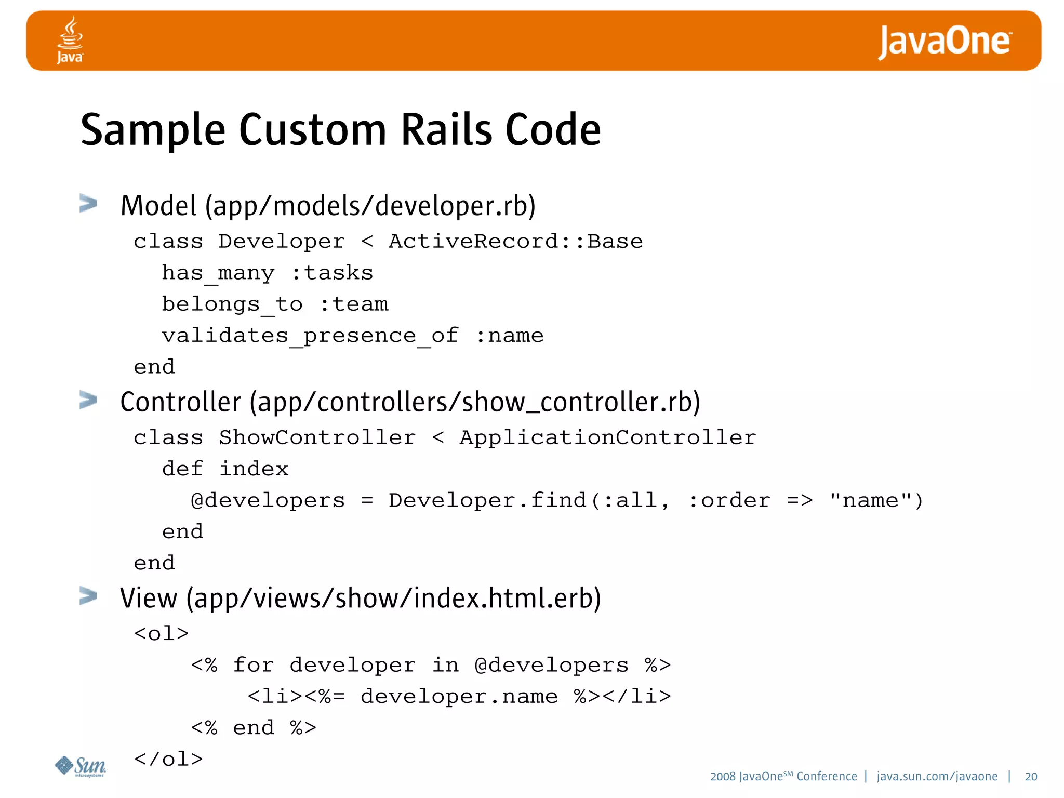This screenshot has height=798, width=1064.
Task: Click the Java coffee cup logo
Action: (70, 39)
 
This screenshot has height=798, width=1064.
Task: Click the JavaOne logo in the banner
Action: (944, 42)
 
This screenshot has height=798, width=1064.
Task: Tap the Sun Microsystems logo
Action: (81, 766)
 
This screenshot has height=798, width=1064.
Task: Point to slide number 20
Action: (1031, 777)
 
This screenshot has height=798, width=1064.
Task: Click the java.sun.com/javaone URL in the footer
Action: (937, 777)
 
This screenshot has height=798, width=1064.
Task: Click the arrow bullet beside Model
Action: (88, 204)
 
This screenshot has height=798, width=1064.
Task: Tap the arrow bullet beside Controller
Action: (88, 400)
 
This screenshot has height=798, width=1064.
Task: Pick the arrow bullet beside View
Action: (88, 596)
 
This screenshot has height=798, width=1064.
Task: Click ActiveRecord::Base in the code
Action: (515, 242)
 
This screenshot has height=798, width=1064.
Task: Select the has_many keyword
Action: (218, 273)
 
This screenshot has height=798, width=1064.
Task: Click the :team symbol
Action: (354, 304)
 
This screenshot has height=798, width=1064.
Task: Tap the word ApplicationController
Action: (607, 437)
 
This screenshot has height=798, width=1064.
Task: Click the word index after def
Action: (254, 469)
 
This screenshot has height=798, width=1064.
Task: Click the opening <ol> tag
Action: (161, 634)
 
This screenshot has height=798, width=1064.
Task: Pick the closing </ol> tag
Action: (168, 760)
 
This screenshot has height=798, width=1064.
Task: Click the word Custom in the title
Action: (312, 130)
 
